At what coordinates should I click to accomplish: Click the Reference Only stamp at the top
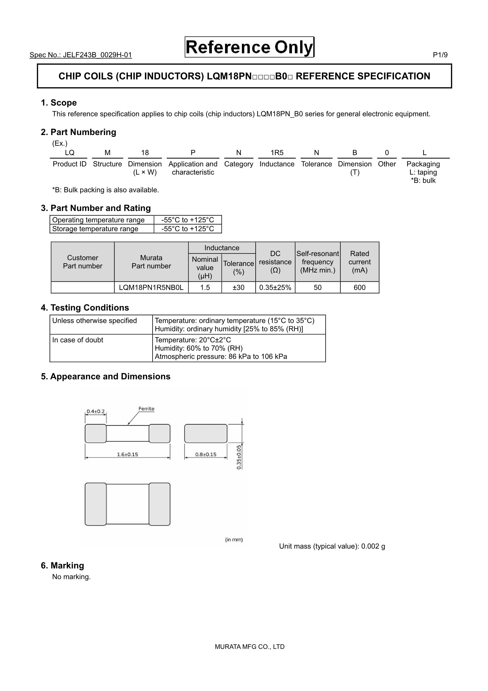(x=249, y=47)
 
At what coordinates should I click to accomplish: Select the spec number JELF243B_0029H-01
(x=81, y=55)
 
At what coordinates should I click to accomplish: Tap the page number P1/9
(x=440, y=55)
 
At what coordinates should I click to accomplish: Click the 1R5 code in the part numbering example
(x=277, y=153)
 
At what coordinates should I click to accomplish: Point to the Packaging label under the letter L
(x=423, y=164)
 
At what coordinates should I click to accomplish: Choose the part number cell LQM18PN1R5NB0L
(x=151, y=287)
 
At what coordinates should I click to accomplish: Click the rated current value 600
(x=359, y=287)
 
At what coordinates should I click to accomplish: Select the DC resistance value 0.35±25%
(x=275, y=287)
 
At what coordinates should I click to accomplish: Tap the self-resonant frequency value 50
(x=318, y=287)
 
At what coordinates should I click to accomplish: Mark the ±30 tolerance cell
(x=238, y=287)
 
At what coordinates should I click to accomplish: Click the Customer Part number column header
(x=82, y=262)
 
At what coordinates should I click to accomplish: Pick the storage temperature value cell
(x=188, y=229)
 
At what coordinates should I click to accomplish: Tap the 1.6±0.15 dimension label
(x=127, y=454)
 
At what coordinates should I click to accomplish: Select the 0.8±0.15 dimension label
(x=206, y=454)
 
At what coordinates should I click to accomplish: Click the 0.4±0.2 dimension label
(x=96, y=411)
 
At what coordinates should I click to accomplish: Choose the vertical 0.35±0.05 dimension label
(x=239, y=457)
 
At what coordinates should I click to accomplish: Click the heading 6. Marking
(x=62, y=565)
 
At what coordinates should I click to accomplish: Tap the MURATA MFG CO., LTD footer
(x=250, y=646)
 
